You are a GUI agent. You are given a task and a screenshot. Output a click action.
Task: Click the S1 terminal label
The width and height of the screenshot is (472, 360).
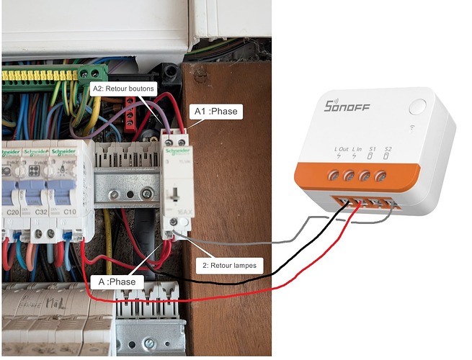(x=370, y=153)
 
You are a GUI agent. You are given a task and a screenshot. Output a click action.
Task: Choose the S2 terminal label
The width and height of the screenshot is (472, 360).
(x=388, y=153)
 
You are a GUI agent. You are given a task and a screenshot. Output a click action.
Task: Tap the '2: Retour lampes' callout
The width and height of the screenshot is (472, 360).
(x=230, y=265)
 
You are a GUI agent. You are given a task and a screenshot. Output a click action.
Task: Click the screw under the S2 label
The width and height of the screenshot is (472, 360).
(x=381, y=175)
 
